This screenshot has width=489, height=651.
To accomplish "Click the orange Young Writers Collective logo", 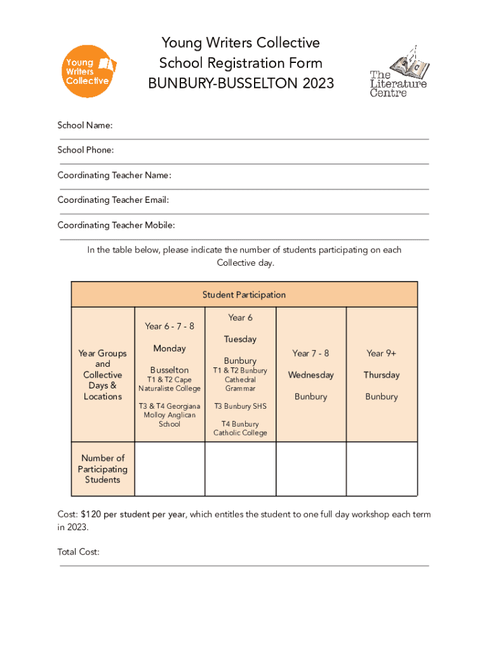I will click(x=88, y=71).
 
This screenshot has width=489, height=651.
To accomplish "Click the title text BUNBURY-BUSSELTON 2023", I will click(x=241, y=83).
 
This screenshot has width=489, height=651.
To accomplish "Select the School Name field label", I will click(x=85, y=125).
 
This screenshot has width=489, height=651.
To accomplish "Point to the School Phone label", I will click(x=86, y=150).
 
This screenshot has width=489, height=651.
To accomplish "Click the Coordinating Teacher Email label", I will click(x=113, y=200).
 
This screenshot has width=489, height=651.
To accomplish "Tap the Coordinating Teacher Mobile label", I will click(x=116, y=225).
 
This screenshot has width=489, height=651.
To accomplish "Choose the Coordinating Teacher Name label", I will click(x=114, y=175).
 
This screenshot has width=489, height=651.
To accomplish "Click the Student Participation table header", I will click(x=244, y=294).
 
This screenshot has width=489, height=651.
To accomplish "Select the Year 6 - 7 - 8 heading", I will click(x=170, y=326).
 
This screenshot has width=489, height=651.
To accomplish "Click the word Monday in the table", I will click(x=170, y=348).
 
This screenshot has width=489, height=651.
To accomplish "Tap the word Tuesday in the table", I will click(x=240, y=339).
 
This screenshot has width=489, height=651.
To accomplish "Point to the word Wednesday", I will click(x=311, y=374).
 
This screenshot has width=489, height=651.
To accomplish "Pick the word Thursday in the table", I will click(x=382, y=374).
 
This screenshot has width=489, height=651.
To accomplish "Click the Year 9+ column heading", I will click(x=382, y=353).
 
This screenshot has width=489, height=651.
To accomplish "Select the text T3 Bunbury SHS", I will click(x=240, y=406).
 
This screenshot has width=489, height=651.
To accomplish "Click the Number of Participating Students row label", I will click(x=103, y=469).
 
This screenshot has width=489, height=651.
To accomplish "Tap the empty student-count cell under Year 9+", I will click(x=382, y=469).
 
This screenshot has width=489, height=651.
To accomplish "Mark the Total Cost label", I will click(x=79, y=552).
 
